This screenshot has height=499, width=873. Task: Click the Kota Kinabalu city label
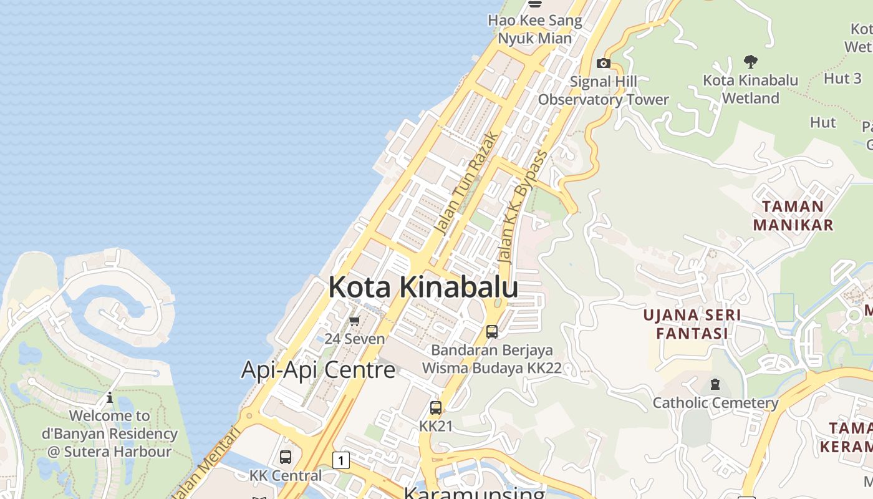423,287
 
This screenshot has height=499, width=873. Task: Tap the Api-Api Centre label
318,370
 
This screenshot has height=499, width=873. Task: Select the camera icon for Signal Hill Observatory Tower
603,63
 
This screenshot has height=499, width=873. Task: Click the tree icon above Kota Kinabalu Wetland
751,61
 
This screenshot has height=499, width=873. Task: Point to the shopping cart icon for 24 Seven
354,321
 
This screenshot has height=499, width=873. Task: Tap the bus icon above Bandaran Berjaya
491,331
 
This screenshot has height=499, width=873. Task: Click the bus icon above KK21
435,408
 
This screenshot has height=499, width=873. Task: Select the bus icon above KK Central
286,457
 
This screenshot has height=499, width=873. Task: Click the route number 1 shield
340,460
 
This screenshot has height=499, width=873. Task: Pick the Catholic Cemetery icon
715,384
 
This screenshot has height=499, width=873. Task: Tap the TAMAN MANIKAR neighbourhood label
793,215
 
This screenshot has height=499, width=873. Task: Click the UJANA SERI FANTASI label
692,324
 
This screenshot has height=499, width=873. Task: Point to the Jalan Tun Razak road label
466,183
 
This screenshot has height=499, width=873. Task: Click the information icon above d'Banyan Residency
110,397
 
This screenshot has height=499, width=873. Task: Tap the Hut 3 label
842,79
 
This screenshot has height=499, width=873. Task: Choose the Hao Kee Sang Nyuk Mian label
535,29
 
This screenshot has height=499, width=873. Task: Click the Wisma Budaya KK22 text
492,368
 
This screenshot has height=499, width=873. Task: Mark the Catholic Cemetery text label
715,403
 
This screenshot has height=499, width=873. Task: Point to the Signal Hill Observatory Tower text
603,90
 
